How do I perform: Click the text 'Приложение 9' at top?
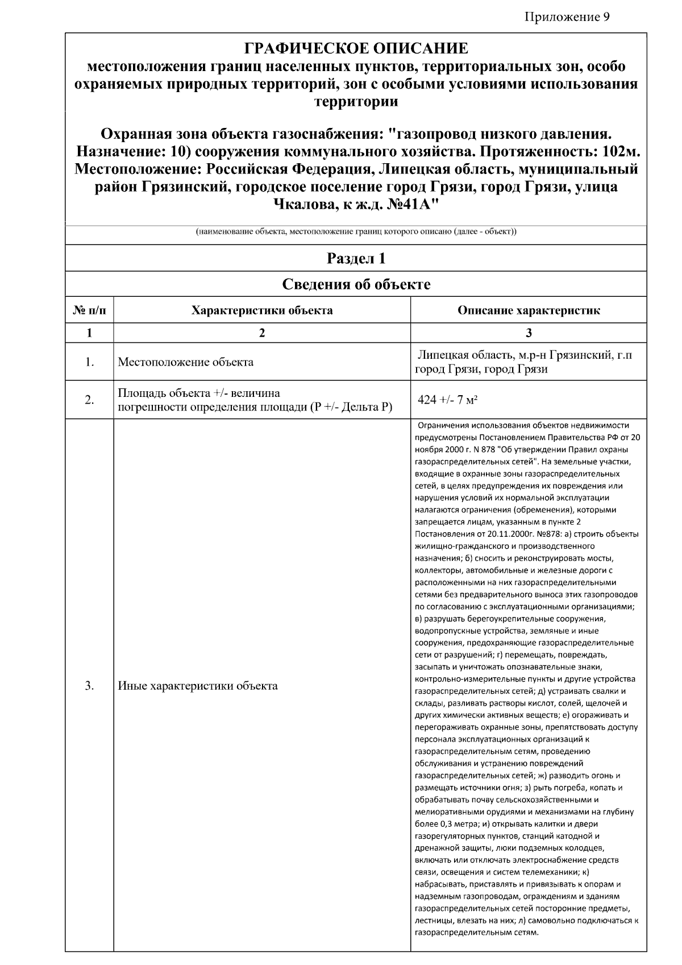pos(567,16)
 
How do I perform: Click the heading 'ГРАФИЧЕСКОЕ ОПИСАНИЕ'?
pos(356,48)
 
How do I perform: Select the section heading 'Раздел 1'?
pos(356,259)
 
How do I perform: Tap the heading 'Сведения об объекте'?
pos(356,284)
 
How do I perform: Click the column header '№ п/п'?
pos(89,310)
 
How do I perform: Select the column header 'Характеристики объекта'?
pos(262,310)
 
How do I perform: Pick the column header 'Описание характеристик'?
pos(529,310)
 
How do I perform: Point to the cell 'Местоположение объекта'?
pos(185,362)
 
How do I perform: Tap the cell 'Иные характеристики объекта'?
pos(198,686)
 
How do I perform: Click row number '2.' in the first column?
pos(89,400)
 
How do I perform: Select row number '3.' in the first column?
pos(89,686)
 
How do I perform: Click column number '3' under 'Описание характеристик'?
pos(529,333)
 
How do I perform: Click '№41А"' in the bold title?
pos(413,204)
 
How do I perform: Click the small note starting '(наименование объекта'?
pos(356,232)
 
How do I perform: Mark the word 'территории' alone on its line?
pos(356,102)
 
